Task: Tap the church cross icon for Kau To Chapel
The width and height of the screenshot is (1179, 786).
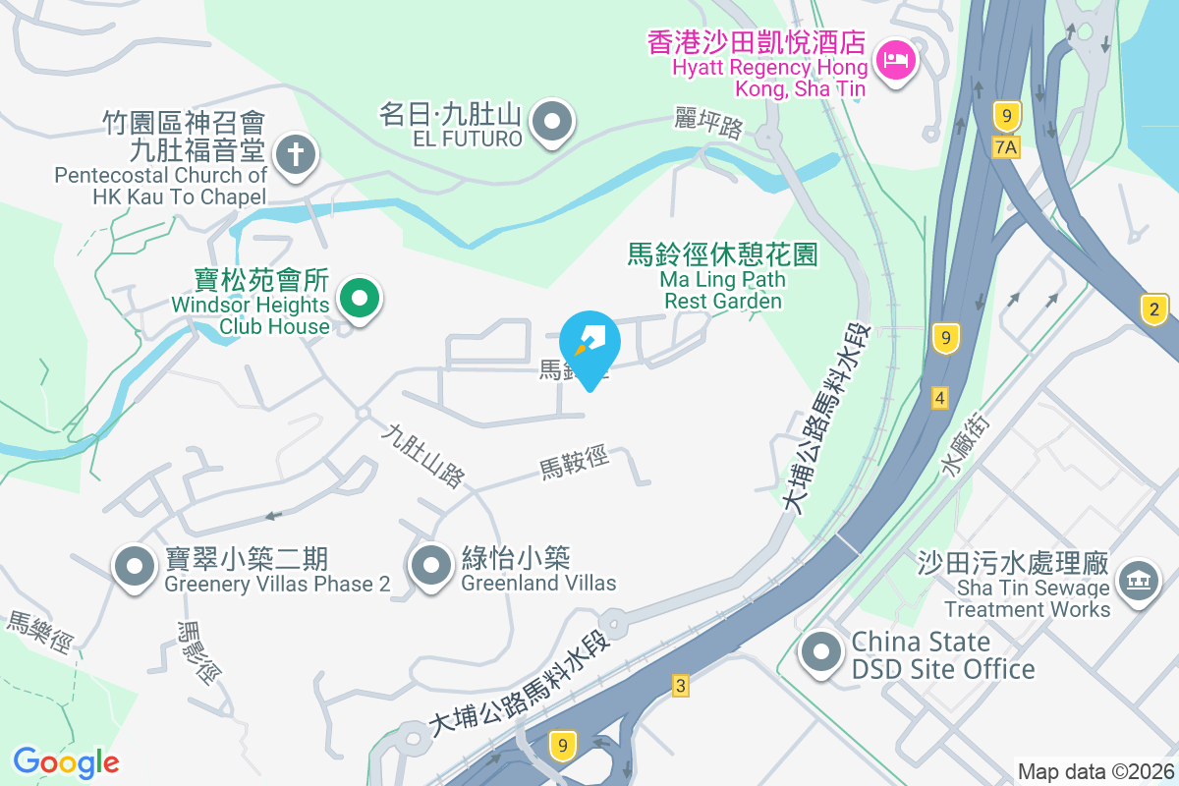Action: click(293, 154)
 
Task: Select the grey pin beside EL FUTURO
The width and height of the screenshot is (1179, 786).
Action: click(551, 123)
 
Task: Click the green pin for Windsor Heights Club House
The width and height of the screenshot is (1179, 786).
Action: click(360, 298)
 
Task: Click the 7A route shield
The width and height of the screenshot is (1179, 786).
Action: click(1007, 146)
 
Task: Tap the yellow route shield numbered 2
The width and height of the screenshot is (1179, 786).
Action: click(1155, 309)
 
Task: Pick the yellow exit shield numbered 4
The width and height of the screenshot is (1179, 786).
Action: click(940, 398)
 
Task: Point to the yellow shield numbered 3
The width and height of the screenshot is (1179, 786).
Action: click(680, 685)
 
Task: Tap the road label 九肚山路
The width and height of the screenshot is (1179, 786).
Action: click(423, 455)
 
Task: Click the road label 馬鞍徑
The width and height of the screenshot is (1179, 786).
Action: click(575, 463)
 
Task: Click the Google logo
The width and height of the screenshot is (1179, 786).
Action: click(66, 761)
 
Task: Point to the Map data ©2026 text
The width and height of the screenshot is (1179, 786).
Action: click(1095, 771)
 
